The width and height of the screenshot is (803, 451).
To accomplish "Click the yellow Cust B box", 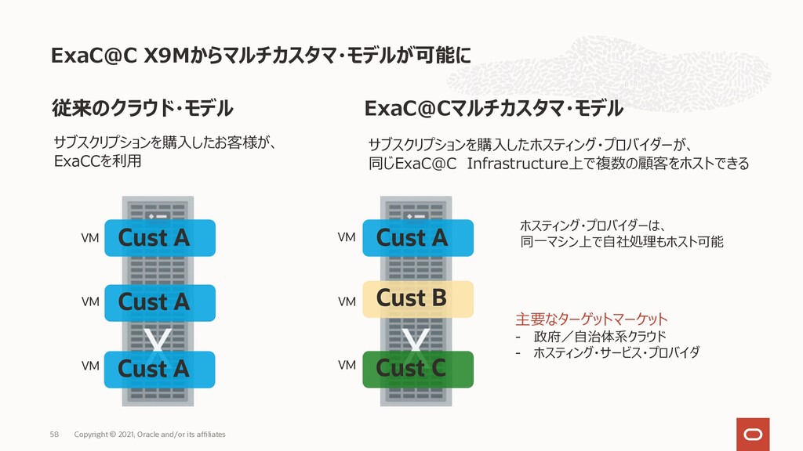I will coord(418,298).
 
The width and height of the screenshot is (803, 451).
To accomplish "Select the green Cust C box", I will coord(418,369).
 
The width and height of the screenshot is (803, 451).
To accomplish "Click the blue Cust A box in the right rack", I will coord(418,238).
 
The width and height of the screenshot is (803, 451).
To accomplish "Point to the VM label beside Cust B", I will coord(347,301).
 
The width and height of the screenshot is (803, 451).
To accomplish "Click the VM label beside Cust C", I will coord(347,366).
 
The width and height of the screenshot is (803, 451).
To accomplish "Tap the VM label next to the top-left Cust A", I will coord(90,237).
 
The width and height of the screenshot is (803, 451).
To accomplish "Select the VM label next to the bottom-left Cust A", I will coord(90,366).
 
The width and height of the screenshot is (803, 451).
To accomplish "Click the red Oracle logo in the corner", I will coord(752,433).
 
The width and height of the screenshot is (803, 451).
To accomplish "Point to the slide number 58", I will coord(54,434).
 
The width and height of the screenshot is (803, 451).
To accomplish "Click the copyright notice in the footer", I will coord(149,434).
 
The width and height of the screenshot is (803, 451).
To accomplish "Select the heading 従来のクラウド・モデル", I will coord(142,107).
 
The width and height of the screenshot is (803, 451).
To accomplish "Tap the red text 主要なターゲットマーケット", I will coord(591,319).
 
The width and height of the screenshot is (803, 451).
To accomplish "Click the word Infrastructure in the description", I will coord(516,164).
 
